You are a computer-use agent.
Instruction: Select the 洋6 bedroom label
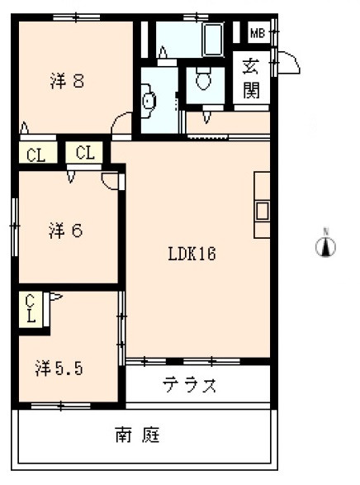click(x=64, y=231)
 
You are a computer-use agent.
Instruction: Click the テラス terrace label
click(x=190, y=384)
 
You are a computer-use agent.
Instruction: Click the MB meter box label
click(x=257, y=33)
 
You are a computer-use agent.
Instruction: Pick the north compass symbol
click(x=327, y=245)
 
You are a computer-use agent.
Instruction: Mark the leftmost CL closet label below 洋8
click(x=36, y=154)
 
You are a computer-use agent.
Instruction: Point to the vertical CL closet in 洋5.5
click(x=31, y=307)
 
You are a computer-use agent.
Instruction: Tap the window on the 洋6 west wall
click(x=15, y=223)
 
